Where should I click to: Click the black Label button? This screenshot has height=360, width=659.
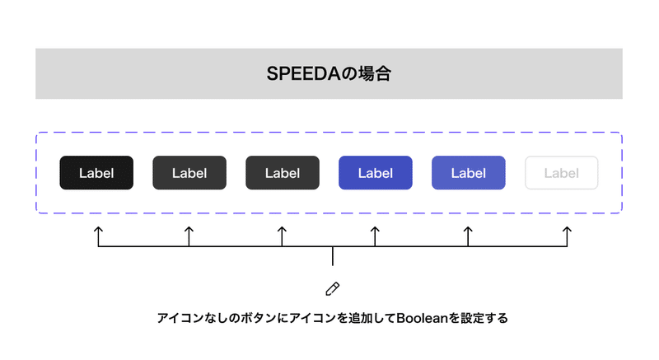click(x=96, y=173)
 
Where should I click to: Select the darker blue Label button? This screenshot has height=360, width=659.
click(x=376, y=173)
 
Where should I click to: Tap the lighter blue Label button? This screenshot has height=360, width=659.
click(x=468, y=173)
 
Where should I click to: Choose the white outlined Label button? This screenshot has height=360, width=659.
click(x=562, y=173)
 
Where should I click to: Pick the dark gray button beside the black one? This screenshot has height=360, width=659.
click(x=189, y=173)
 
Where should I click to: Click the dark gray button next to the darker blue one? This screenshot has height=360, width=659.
click(x=283, y=173)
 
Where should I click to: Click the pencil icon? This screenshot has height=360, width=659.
click(x=333, y=289)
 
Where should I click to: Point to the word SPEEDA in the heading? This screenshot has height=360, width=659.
click(x=303, y=74)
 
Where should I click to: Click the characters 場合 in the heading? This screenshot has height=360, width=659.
click(x=375, y=74)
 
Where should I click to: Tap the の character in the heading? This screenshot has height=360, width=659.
click(x=348, y=74)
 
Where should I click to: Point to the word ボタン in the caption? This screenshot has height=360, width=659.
click(x=258, y=318)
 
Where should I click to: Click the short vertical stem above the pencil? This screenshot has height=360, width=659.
click(x=333, y=256)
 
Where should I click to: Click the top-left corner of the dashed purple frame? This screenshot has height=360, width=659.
click(x=36, y=133)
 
